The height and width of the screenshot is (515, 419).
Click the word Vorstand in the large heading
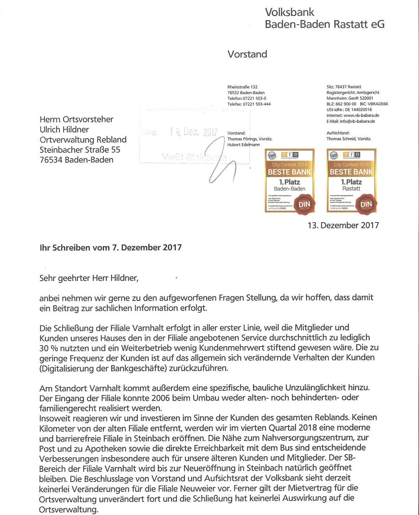[247, 54]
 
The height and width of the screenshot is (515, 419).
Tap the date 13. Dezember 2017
[343, 225]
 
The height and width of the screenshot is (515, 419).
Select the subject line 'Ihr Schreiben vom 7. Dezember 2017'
[110, 248]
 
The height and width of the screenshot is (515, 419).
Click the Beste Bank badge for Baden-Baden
[290, 181]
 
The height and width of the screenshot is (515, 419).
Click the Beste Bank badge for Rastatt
[351, 181]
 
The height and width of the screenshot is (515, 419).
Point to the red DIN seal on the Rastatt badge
[366, 204]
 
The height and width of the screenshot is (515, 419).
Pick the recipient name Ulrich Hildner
[64, 129]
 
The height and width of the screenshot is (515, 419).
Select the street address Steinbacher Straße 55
[80, 150]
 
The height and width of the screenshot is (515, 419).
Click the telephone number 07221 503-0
[254, 98]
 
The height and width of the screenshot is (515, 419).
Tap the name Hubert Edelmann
[244, 145]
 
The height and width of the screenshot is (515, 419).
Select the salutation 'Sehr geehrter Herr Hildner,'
[89, 278]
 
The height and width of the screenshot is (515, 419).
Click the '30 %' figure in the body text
[49, 348]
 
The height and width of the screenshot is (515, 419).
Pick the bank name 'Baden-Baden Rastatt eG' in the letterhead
[324, 24]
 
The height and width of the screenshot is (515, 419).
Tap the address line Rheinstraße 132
[242, 87]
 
